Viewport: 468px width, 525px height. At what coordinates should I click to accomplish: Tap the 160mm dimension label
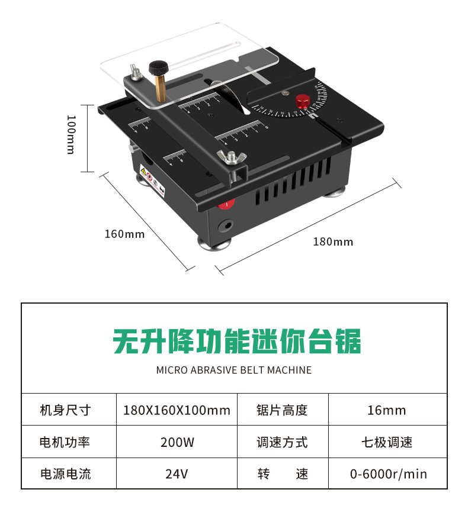pos(124,234)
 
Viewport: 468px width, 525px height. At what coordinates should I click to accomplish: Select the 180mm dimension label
pos(333,241)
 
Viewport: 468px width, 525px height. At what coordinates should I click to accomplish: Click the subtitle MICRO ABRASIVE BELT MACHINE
pos(233,371)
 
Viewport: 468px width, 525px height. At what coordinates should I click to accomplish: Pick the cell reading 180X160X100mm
pos(177,410)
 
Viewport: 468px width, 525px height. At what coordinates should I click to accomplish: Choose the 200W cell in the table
pos(177,442)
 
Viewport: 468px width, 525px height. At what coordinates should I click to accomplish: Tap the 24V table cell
pos(177,474)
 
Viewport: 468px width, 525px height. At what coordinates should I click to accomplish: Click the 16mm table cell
pos(387,410)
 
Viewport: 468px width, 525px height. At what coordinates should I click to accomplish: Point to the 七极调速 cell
pos(387,442)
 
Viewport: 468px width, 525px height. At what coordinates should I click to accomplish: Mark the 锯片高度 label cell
pos(282,410)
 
